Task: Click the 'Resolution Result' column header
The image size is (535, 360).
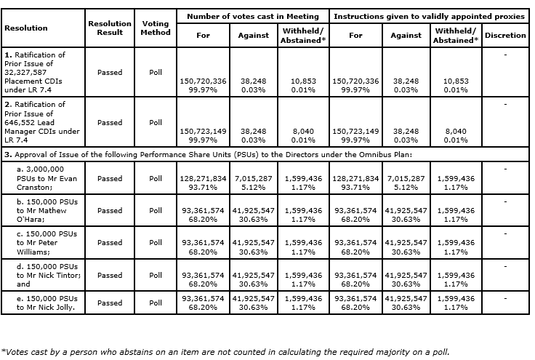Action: point(110,28)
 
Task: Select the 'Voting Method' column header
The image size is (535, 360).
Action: point(156,28)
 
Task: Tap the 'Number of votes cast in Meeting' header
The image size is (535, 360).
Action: point(253,17)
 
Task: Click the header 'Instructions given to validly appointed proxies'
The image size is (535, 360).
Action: point(429,17)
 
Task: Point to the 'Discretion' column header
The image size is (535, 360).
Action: point(505,35)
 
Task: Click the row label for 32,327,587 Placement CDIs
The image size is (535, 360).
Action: point(35,72)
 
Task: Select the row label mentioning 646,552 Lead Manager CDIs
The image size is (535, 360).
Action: point(42,122)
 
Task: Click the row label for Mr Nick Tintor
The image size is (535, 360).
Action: point(49,275)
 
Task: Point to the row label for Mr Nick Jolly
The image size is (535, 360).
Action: point(47,303)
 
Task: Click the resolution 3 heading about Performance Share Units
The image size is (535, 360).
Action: point(208,155)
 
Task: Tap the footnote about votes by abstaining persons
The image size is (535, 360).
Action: point(225,352)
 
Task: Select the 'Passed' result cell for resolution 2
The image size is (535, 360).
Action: point(110,122)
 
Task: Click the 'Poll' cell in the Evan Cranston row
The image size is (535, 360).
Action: point(156,178)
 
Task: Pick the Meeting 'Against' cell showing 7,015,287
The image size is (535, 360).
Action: point(253,183)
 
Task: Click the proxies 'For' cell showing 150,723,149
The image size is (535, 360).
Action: point(355,135)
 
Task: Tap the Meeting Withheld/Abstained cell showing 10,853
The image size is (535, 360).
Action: point(303,85)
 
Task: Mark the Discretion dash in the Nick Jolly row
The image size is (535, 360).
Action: point(505,299)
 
